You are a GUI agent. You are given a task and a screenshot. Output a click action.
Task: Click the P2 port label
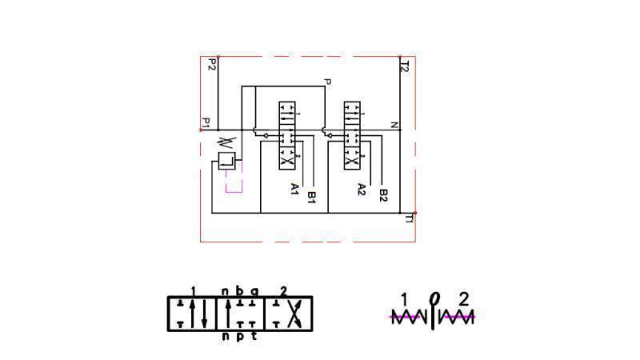(x=212, y=65)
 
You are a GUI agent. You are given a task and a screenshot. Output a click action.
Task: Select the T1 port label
(x=408, y=217)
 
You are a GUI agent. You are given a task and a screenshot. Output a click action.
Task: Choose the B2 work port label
(x=383, y=194)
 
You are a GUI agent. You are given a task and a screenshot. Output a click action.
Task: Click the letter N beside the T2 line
(x=394, y=125)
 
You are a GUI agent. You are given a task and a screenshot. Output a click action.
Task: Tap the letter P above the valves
(x=326, y=82)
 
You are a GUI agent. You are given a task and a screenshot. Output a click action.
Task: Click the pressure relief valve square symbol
(x=226, y=160)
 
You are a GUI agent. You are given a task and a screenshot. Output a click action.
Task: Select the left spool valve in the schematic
(x=286, y=134)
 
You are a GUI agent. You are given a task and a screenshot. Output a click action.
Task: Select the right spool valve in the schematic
(x=352, y=134)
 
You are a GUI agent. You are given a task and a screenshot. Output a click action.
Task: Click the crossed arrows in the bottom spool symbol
(x=293, y=313)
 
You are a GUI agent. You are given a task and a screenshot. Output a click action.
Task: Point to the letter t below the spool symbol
(x=254, y=337)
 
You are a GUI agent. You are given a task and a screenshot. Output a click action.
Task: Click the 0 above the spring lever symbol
(x=434, y=299)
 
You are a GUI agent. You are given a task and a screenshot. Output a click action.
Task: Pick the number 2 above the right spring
(x=463, y=300)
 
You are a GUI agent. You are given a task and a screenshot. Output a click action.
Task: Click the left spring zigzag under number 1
(x=410, y=318)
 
